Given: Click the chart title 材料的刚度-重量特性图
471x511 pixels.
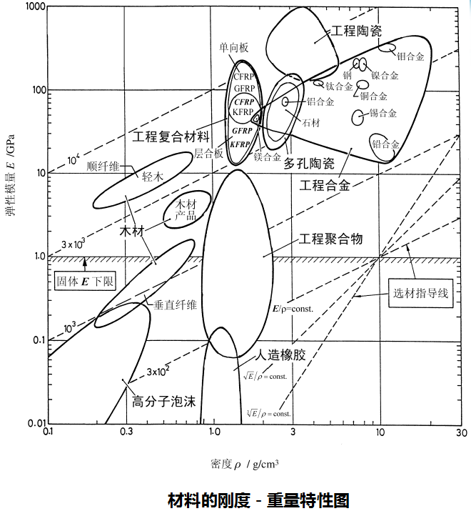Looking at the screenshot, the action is (259, 499).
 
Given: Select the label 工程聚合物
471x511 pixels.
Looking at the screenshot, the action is (330, 239).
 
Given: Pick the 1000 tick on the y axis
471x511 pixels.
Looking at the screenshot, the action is (31, 7).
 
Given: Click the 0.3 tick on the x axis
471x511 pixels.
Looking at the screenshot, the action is (126, 432).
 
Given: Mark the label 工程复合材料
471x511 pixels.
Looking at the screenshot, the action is (171, 135).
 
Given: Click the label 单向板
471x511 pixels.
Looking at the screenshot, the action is (234, 46).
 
